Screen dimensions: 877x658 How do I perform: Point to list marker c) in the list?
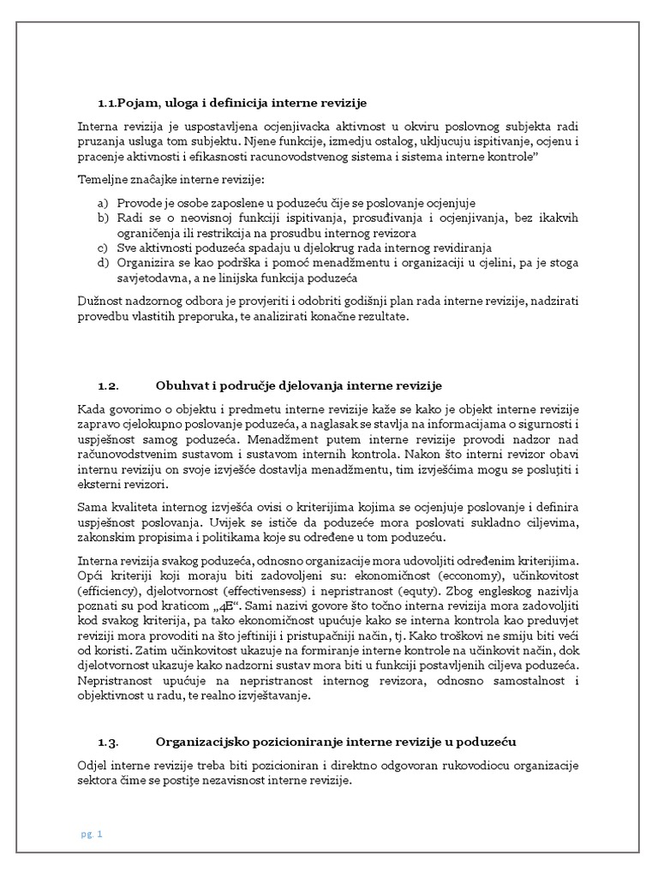click(x=103, y=248)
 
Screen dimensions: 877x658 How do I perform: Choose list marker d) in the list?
click(x=103, y=263)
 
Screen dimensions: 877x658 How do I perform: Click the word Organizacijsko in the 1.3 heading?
click(x=202, y=741)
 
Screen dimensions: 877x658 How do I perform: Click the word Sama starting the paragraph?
click(x=93, y=506)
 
